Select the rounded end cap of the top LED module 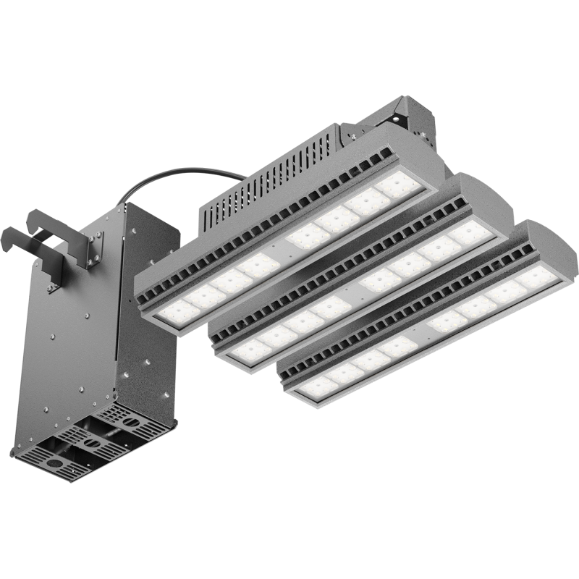click(427, 152)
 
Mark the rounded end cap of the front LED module click(557, 250)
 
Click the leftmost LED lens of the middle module click(250, 352)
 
